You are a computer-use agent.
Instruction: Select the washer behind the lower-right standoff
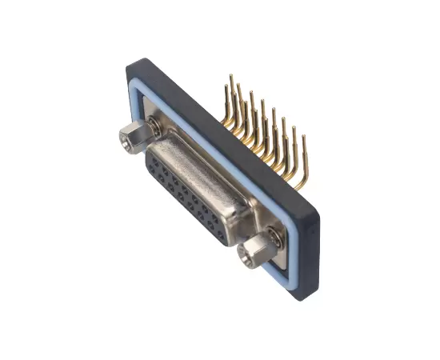point(272,237)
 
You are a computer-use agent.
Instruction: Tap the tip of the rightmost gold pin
point(304,138)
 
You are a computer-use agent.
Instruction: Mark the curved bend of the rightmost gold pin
point(300,186)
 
